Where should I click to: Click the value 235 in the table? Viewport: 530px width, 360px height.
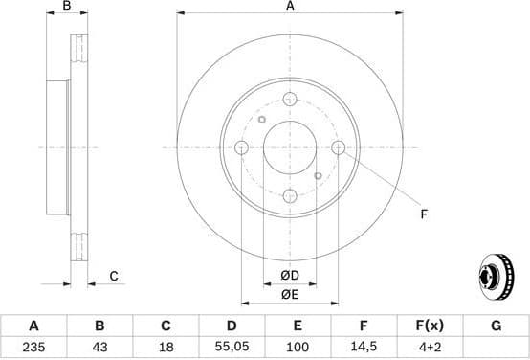[33, 349]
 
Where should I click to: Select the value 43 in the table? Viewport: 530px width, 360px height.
[99, 349]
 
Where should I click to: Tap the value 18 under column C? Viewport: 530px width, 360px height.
[166, 349]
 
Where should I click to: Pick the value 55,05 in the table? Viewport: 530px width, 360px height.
[232, 349]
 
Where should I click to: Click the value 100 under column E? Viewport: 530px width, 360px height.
[298, 349]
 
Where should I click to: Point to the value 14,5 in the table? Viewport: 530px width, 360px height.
[364, 349]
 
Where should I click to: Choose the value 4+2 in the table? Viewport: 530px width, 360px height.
[430, 349]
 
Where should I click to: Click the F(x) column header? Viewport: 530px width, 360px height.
[430, 326]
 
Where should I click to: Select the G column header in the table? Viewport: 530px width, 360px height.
[496, 326]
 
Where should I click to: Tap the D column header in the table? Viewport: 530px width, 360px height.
[232, 326]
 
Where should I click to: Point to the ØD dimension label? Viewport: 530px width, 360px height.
[290, 277]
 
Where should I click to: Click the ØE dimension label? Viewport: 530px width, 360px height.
[290, 294]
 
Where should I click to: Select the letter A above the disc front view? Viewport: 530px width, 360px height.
[290, 7]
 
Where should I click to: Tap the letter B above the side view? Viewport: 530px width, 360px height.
[66, 7]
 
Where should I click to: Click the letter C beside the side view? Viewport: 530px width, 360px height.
[113, 277]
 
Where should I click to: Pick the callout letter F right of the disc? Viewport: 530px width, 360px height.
[424, 214]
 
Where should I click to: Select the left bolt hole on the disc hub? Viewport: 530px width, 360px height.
[241, 147]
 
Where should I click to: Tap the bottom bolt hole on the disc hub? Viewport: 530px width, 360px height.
[290, 196]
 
